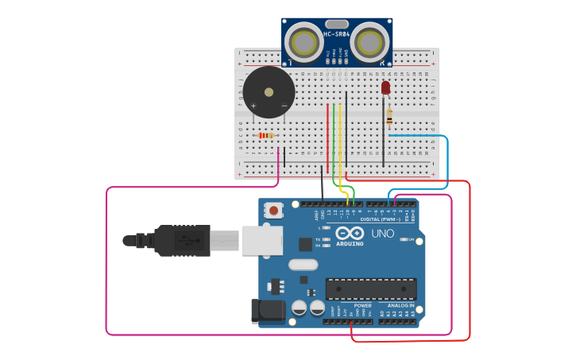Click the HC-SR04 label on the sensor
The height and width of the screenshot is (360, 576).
(x=337, y=34)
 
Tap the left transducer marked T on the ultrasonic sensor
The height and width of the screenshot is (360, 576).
(x=302, y=40)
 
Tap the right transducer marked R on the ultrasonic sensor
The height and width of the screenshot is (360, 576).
(x=371, y=40)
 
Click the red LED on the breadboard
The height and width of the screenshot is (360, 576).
(x=386, y=87)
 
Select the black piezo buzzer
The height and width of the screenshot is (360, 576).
(x=269, y=92)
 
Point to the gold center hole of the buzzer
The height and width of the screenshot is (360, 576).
(x=269, y=91)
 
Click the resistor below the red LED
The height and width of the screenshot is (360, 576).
(x=389, y=117)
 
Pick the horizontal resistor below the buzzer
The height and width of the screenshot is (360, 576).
(x=265, y=135)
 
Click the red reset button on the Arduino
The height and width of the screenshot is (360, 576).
(x=274, y=211)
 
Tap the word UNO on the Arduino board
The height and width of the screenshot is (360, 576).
(x=383, y=234)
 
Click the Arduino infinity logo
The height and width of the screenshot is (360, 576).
(x=350, y=233)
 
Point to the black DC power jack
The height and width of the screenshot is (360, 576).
(x=268, y=311)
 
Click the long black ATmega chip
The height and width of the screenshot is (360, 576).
(x=370, y=288)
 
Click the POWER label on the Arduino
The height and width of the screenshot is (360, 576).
(x=362, y=305)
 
